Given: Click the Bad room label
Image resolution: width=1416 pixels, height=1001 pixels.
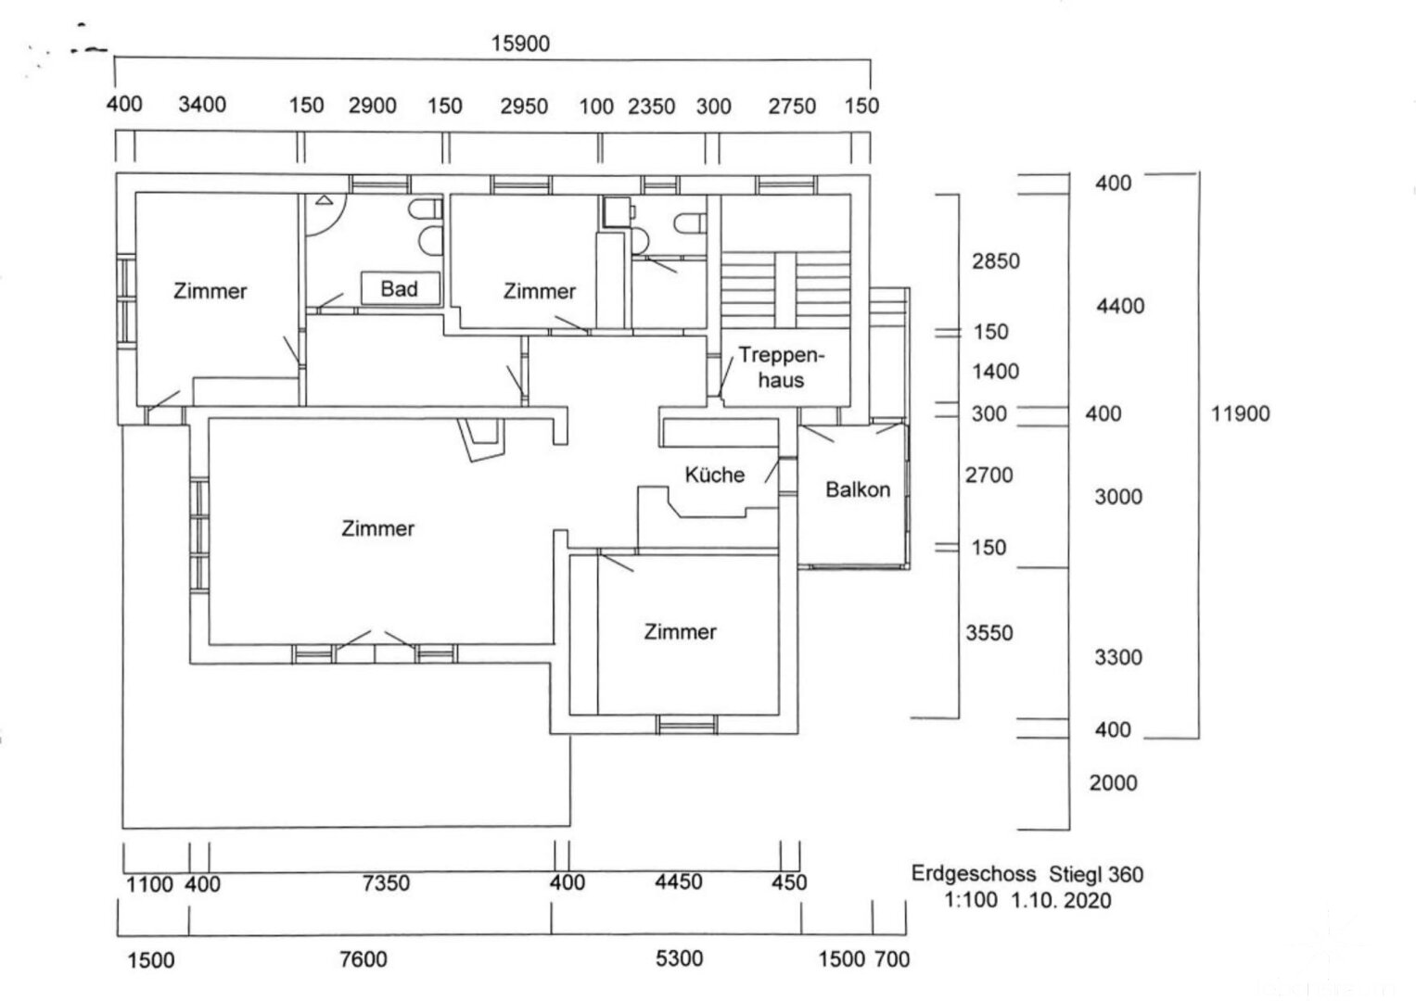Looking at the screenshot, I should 399,289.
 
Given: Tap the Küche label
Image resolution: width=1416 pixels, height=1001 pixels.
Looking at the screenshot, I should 714,475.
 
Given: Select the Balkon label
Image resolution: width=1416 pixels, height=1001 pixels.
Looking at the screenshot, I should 857,489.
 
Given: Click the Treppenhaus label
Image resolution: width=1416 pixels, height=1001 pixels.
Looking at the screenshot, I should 781,368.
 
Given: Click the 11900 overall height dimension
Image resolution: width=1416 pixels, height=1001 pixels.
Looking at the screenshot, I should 1240,414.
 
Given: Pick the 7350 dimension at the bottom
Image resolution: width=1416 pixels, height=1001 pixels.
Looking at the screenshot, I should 386,883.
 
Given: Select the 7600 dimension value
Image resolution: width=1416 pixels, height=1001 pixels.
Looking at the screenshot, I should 364,959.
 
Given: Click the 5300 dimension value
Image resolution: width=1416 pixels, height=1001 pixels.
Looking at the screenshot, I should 679,959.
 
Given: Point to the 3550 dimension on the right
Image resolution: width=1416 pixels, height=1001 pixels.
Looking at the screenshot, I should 989,633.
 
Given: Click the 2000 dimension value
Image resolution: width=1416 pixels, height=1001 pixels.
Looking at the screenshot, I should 1113,783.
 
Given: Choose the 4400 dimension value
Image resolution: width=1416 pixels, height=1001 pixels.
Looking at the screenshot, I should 1120,306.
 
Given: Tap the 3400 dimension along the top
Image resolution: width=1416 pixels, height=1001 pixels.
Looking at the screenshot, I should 202,105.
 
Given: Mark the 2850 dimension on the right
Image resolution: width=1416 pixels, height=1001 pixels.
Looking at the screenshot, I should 995,261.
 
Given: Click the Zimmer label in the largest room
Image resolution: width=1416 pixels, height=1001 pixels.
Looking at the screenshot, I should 377,529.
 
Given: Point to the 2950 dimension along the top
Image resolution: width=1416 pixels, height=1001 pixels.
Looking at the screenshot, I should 524,106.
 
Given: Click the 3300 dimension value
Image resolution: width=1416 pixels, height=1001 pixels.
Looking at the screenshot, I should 1118,658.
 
